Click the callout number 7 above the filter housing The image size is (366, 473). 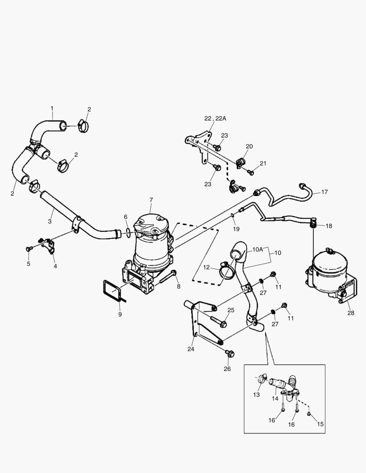click(x=151, y=200)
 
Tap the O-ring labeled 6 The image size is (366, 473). click(x=125, y=233)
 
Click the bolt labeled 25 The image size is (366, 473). click(x=220, y=322)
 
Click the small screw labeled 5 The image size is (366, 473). click(x=29, y=249)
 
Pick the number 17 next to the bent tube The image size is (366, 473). click(x=324, y=192)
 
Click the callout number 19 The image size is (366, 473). click(x=236, y=229)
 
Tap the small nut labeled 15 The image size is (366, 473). click(x=309, y=413)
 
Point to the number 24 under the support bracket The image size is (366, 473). click(x=191, y=349)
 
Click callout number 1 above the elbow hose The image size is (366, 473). click(x=52, y=108)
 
